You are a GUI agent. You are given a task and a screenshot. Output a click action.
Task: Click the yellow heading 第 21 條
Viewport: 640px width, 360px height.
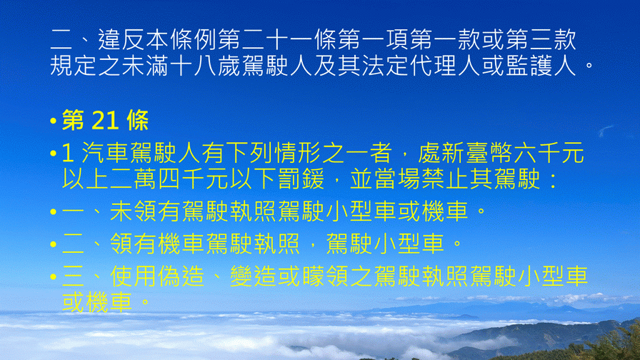click(x=105, y=121)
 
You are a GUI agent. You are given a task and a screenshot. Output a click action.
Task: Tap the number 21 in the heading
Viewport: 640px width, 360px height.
click(x=105, y=121)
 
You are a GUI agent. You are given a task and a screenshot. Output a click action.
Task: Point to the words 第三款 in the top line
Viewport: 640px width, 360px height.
click(x=541, y=39)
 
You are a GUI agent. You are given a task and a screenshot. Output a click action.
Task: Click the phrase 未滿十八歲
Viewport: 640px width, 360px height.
click(x=181, y=65)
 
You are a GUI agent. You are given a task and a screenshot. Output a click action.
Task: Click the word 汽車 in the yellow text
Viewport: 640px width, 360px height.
click(x=105, y=154)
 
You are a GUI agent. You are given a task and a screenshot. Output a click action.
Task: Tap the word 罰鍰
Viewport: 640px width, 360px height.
click(x=301, y=179)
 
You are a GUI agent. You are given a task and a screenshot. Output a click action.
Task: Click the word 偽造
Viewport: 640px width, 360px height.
click(x=181, y=276)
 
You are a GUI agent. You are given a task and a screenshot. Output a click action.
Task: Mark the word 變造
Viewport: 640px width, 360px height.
click(x=253, y=276)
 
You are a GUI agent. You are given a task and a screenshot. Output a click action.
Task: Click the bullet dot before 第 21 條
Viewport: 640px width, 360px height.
click(x=53, y=121)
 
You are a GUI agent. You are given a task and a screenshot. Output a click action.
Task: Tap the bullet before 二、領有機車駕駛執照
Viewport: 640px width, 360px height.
click(x=53, y=244)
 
